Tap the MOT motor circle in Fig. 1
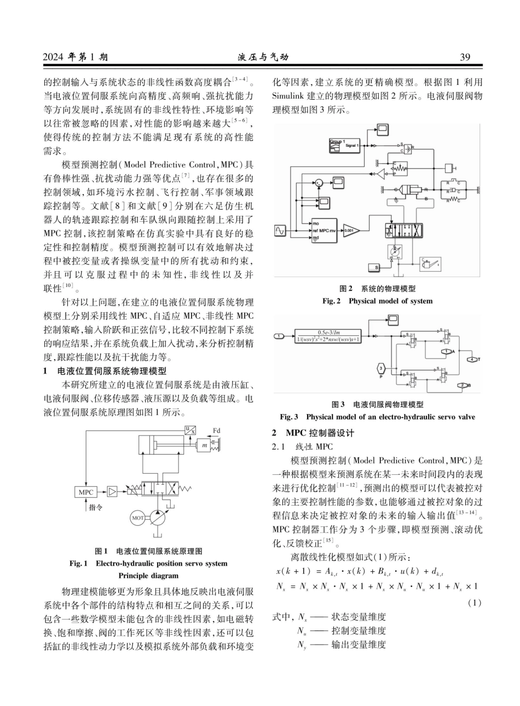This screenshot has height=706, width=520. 137,518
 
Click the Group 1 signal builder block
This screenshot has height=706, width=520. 344,145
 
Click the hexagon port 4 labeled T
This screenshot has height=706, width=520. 472,360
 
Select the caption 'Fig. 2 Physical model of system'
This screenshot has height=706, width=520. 377,301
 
